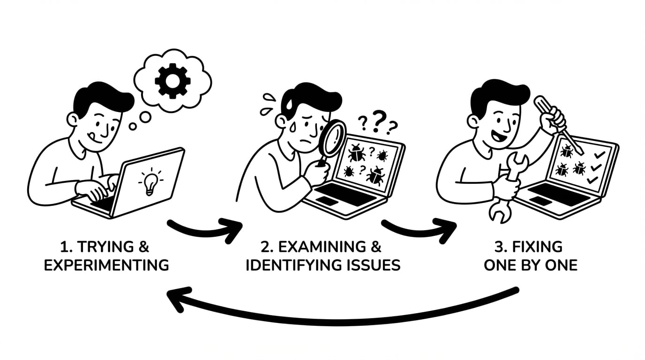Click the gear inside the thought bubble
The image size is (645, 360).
(172, 81)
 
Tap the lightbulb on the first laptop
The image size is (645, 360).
(150, 183)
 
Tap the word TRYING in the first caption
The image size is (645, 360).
(105, 247)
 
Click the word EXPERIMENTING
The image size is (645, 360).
(106, 265)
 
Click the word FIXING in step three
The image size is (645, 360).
(537, 247)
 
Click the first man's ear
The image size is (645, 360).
(72, 120)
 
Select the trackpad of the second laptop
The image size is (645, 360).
(327, 201)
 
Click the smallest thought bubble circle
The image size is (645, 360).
(133, 127)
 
